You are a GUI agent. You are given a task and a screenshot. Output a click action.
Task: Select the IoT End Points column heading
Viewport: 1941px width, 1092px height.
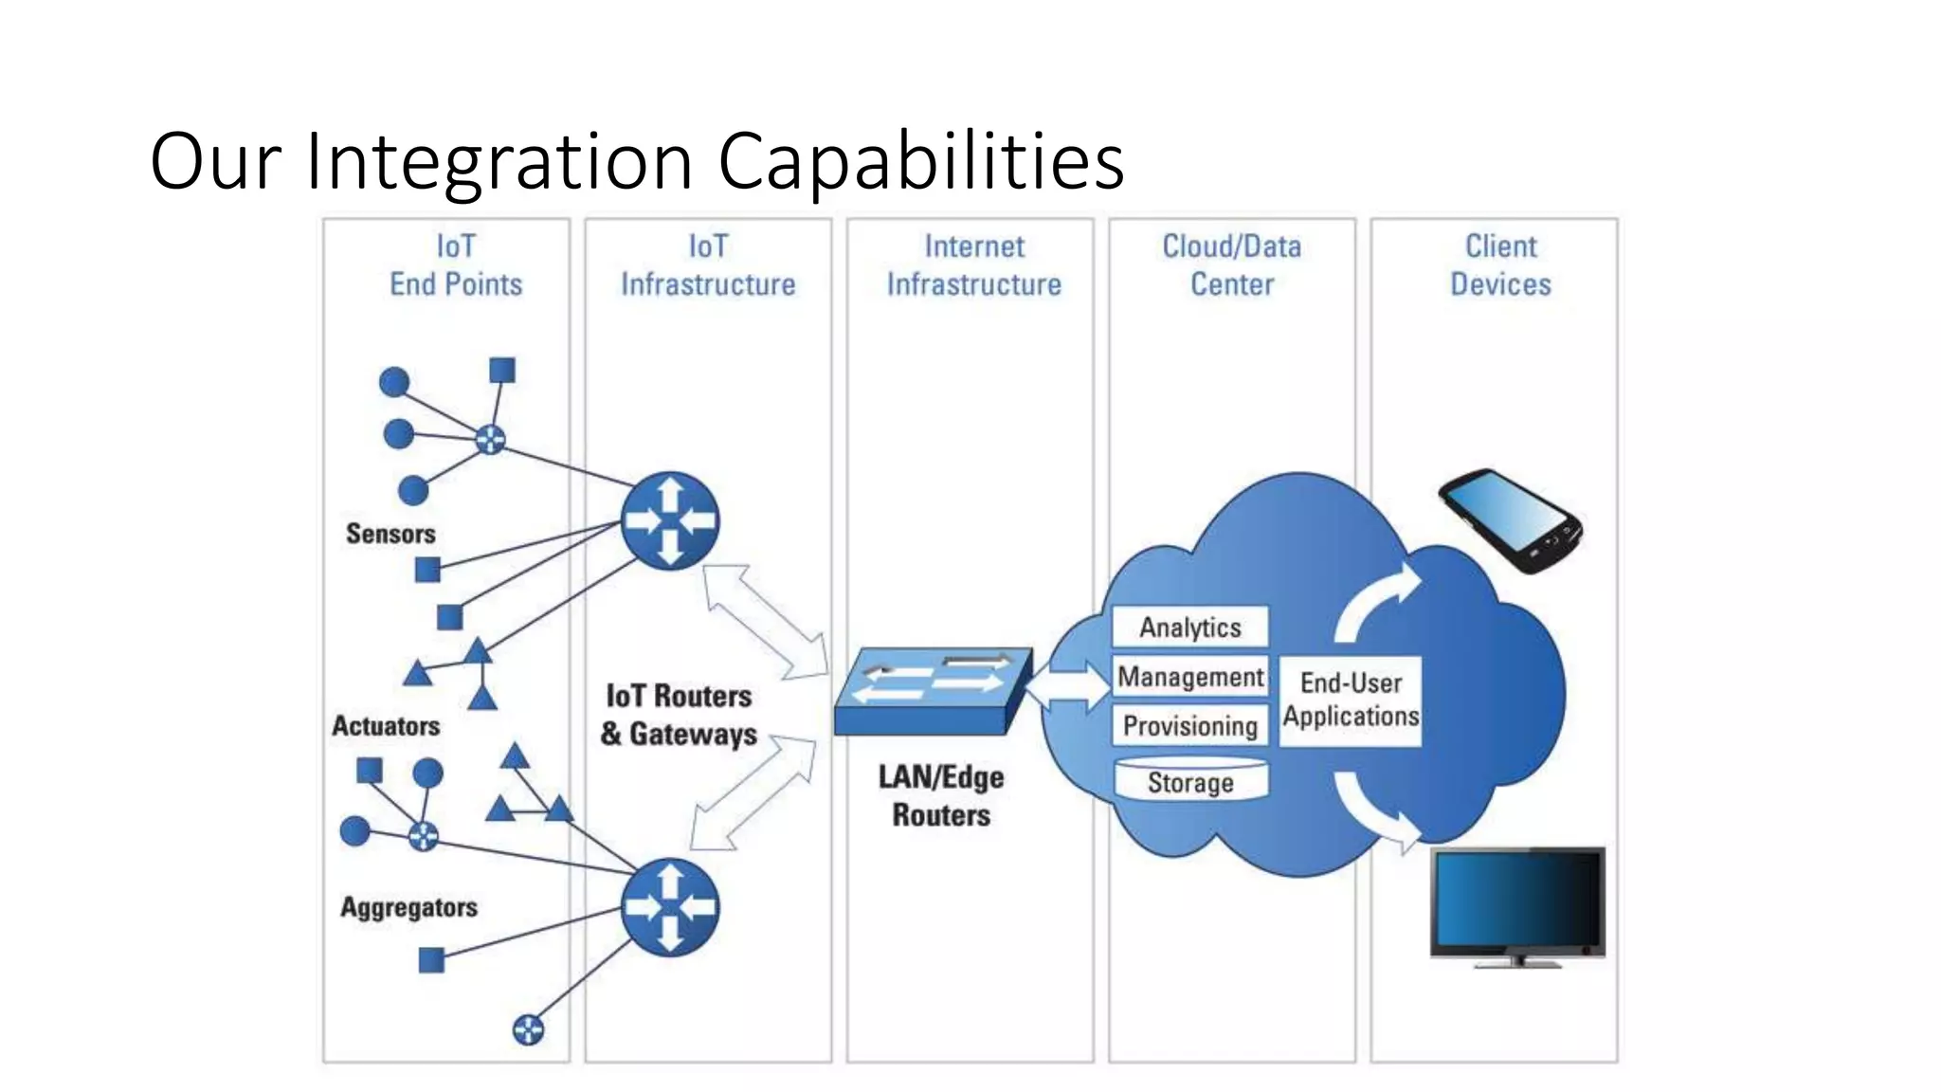coord(456,265)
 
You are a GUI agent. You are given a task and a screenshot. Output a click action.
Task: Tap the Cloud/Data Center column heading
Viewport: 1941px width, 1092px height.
coord(1231,265)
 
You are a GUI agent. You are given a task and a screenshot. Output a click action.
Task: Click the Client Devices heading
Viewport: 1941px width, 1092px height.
coord(1500,265)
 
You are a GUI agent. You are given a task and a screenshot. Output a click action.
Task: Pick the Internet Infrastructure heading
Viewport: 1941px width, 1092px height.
coord(973,265)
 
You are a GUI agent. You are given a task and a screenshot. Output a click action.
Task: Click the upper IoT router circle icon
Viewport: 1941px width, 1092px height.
coord(670,520)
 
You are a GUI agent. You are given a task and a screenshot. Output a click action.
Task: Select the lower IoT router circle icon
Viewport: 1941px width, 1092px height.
coord(670,907)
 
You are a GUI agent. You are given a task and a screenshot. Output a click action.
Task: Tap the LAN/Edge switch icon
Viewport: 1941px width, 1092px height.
coord(932,691)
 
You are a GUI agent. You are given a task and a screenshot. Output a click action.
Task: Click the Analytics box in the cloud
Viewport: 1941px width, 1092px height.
coord(1189,628)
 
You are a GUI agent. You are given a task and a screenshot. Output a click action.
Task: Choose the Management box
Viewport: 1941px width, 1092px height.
coord(1189,677)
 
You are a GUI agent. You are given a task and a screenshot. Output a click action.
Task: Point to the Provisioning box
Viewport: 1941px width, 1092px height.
coord(1189,726)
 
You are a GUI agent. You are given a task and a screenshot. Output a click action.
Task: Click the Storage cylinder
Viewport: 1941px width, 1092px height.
coord(1190,781)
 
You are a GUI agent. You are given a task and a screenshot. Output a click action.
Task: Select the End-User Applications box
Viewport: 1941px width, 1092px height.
coord(1351,701)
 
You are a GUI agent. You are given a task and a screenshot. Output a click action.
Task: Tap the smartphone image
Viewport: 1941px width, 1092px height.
coord(1509,520)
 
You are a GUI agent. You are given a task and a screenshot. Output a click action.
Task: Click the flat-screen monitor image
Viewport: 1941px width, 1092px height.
coord(1517,905)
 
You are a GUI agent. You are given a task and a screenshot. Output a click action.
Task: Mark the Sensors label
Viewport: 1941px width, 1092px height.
coord(390,534)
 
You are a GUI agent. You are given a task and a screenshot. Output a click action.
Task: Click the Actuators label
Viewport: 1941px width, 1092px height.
coord(386,726)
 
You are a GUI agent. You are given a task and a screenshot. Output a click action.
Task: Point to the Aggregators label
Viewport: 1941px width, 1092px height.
coord(408,907)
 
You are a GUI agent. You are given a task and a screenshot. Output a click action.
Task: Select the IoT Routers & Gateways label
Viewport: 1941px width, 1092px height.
coord(679,716)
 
